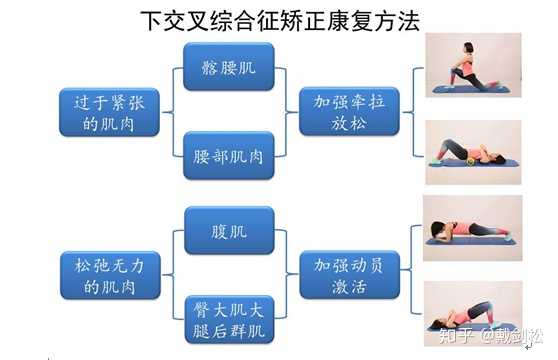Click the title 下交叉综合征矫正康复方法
(278, 19)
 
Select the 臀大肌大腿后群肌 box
(229, 318)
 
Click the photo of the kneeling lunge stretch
(472, 65)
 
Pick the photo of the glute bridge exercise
(472, 313)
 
